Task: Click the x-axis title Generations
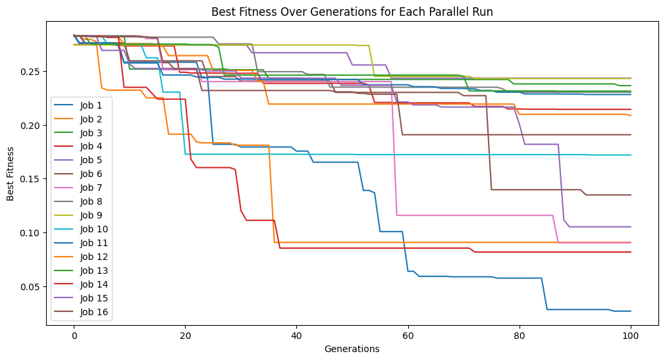pos(352,349)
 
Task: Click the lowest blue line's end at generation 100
pos(631,311)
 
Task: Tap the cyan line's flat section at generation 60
pos(408,155)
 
